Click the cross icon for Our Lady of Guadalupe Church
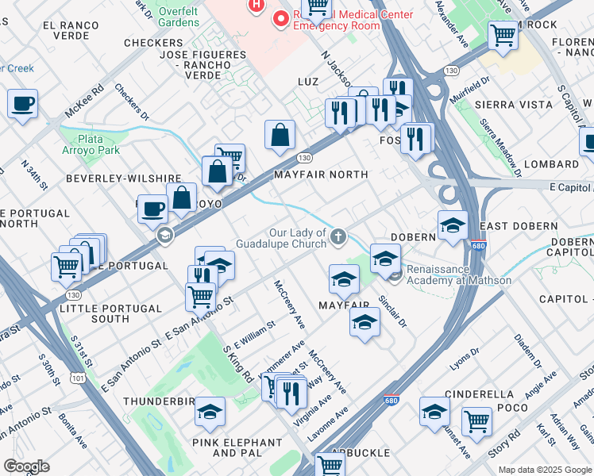pos(339,235)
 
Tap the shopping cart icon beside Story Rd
pos(476,421)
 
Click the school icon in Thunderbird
pos(210,412)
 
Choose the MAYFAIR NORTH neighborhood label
pos(321,174)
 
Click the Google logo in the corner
pos(26,466)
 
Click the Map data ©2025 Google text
pos(545,469)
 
